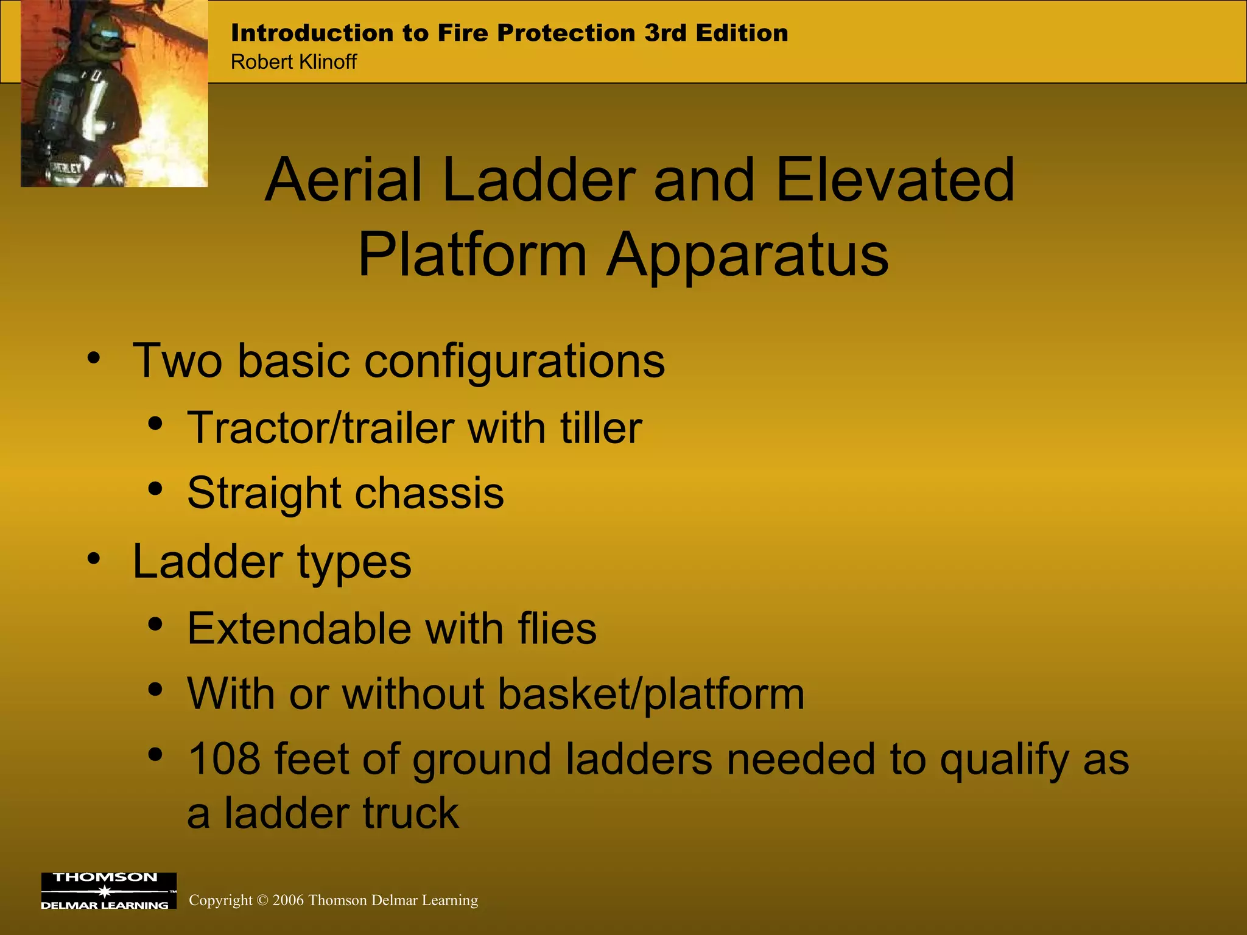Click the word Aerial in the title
coord(345,180)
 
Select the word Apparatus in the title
coord(748,256)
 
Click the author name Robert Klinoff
coord(293,62)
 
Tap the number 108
coord(224,759)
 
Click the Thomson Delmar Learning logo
coord(108,891)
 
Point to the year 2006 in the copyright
coord(288,900)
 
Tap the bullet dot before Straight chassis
coord(155,489)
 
